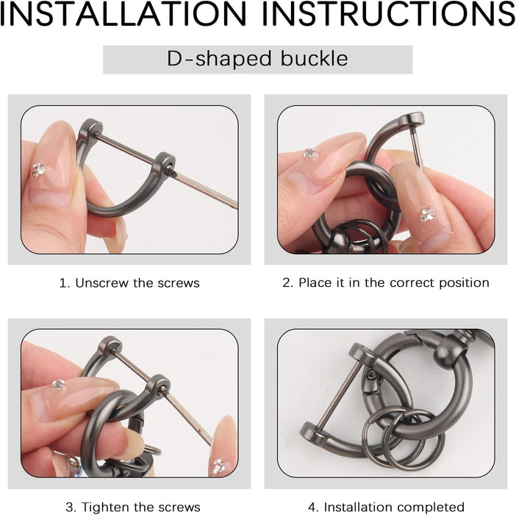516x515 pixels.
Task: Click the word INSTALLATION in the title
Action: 123,14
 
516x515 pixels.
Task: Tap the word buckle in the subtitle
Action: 315,59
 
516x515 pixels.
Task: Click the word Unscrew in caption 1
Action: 101,283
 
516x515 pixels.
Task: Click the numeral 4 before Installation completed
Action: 312,507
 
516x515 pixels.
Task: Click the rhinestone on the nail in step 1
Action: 38,169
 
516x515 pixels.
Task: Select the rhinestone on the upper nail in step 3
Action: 59,384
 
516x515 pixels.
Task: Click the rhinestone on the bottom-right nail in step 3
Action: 218,466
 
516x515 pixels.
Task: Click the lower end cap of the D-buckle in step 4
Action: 312,433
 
